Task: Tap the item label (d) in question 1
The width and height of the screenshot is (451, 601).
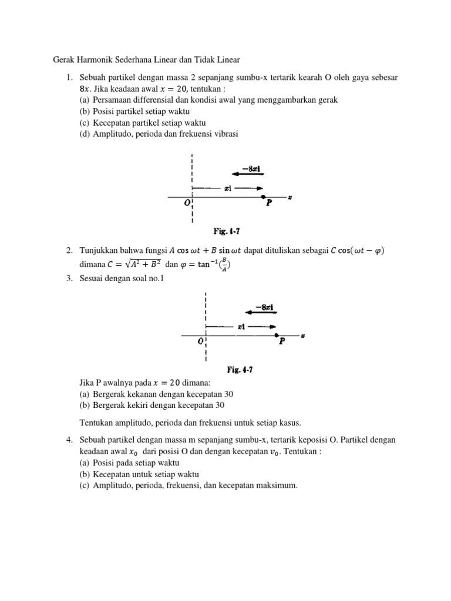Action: point(85,133)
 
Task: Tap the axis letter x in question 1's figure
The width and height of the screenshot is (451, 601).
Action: point(290,197)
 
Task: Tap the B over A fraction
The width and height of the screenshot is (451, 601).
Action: point(223,265)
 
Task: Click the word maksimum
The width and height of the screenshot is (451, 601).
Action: point(278,485)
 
